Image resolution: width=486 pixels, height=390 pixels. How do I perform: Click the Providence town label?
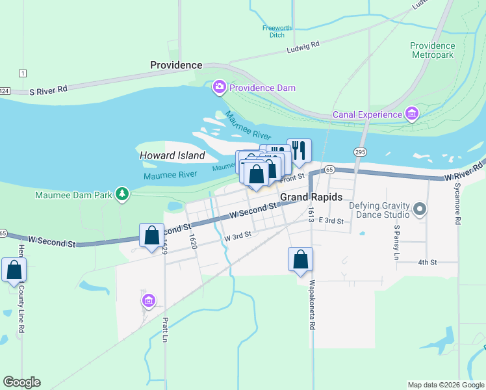[x=176, y=65]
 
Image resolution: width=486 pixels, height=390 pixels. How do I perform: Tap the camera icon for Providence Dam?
[x=219, y=86]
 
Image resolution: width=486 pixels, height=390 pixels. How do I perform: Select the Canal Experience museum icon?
[x=411, y=115]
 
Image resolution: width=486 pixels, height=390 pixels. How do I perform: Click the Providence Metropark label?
[x=433, y=50]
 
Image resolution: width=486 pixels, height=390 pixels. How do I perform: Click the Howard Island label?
[x=172, y=155]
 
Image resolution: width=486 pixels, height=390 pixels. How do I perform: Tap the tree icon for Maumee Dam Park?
[x=121, y=194]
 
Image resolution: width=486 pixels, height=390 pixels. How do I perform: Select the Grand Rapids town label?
[x=311, y=197]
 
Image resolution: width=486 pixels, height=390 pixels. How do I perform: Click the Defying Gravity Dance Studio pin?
[x=420, y=209]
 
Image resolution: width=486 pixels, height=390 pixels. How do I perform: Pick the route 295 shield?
[x=359, y=151]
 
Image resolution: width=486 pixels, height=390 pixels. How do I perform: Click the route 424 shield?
[x=3, y=90]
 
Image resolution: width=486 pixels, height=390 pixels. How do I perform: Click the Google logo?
[x=21, y=382]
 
